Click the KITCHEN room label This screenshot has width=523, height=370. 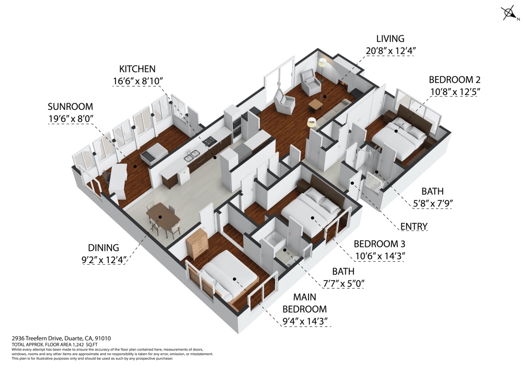click(137, 69)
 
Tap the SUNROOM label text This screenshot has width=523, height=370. click(70, 107)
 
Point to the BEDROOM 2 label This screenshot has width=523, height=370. click(454, 80)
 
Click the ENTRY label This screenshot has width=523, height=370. click(414, 226)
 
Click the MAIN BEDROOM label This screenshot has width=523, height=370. click(304, 303)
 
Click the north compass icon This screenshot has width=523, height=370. click(509, 13)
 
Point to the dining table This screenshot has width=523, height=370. click(163, 217)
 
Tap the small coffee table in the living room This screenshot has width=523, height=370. click(316, 104)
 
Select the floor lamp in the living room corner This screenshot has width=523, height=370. click(323, 63)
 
